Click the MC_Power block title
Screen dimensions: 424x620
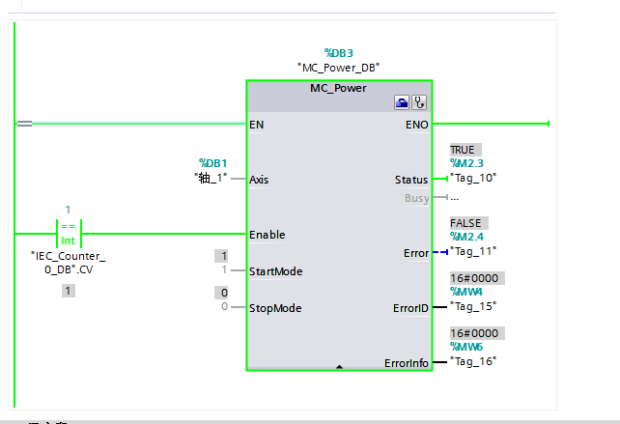pyautogui.click(x=339, y=88)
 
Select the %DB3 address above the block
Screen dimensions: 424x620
pyautogui.click(x=339, y=52)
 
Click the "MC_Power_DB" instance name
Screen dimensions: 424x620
pyautogui.click(x=339, y=67)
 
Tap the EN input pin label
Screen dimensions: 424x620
pyautogui.click(x=256, y=125)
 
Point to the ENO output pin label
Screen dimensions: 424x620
pyautogui.click(x=417, y=125)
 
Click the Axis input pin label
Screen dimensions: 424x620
pyautogui.click(x=259, y=179)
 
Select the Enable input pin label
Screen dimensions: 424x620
pyautogui.click(x=267, y=235)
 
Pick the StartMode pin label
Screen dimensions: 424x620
pyautogui.click(x=275, y=271)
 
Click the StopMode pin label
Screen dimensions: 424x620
pyautogui.click(x=274, y=308)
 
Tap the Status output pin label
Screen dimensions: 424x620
pyautogui.click(x=411, y=180)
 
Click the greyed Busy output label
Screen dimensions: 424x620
pyautogui.click(x=417, y=198)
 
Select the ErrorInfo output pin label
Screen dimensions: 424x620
pyautogui.click(x=406, y=363)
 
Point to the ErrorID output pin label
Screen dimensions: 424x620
pyautogui.click(x=409, y=308)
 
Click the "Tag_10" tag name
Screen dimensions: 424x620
pyautogui.click(x=473, y=179)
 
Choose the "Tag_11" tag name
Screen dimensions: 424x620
pyautogui.click(x=473, y=252)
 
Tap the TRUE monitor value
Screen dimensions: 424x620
pyautogui.click(x=464, y=151)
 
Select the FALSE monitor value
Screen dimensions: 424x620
pyautogui.click(x=465, y=223)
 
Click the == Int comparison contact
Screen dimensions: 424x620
pyautogui.click(x=68, y=235)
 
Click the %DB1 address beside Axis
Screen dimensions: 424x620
pyautogui.click(x=212, y=163)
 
